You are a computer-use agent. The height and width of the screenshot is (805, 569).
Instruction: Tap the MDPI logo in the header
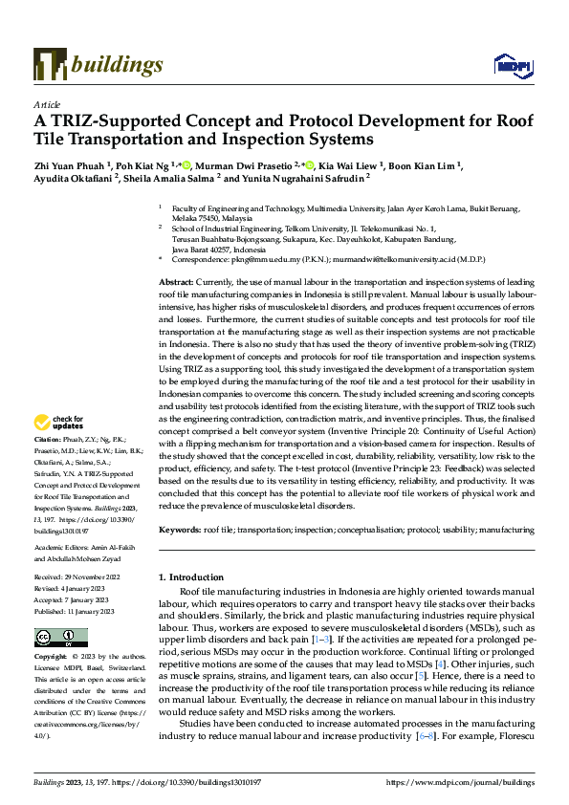510,65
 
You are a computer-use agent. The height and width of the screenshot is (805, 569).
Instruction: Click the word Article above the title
46,103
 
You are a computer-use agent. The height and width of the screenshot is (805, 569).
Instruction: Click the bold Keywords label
179,529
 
